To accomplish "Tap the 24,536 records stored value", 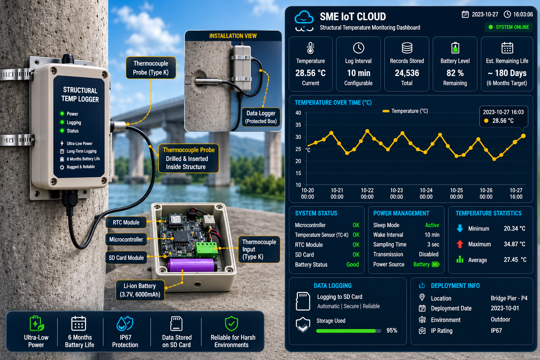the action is click(x=407, y=73).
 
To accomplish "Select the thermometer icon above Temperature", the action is click(x=310, y=48).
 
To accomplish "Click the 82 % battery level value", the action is click(x=455, y=73).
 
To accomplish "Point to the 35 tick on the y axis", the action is click(x=298, y=125).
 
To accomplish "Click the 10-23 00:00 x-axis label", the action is click(x=397, y=193).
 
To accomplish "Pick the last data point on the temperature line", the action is click(x=523, y=136).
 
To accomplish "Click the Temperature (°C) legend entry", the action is click(x=405, y=111).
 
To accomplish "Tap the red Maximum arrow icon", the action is click(x=460, y=244).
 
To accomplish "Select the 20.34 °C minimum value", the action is click(x=514, y=229).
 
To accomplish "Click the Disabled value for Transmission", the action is click(x=429, y=254).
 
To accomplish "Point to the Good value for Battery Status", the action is click(x=353, y=264).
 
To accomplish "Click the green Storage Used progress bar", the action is click(x=346, y=331).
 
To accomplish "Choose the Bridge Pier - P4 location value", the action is click(x=509, y=298).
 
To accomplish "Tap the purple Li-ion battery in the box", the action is click(x=192, y=265).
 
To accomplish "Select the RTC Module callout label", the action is click(x=126, y=222).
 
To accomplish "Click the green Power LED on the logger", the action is click(x=62, y=114).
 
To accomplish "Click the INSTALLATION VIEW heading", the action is click(x=233, y=36).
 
